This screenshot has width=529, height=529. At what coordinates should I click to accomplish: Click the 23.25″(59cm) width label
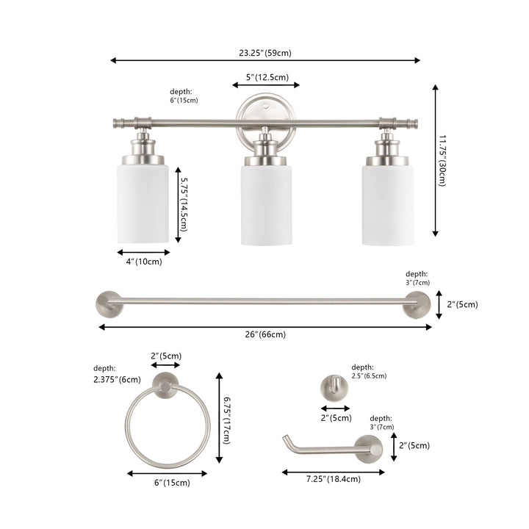coord(265,53)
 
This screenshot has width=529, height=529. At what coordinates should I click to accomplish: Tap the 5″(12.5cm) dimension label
coord(267,77)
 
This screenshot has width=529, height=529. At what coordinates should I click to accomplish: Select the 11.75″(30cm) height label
coord(442,161)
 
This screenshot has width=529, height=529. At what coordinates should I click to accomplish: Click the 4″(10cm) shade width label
coord(144,262)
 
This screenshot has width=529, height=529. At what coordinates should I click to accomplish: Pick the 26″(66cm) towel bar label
coord(265,334)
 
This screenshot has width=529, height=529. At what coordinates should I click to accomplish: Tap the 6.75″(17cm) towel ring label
coord(227,420)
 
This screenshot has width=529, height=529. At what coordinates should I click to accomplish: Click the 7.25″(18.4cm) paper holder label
coord(334,479)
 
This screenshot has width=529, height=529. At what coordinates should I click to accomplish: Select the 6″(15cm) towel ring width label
coord(172,483)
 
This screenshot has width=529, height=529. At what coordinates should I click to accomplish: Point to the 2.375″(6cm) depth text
coord(117,380)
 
